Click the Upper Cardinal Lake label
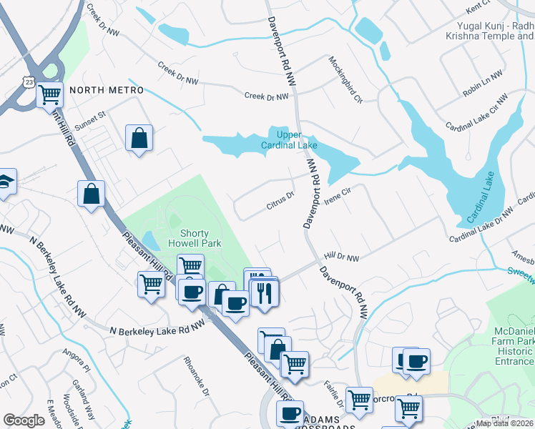(293, 139)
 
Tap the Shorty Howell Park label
(200, 238)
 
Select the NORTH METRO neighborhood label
(107, 90)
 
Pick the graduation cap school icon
(6, 182)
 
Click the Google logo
(24, 420)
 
